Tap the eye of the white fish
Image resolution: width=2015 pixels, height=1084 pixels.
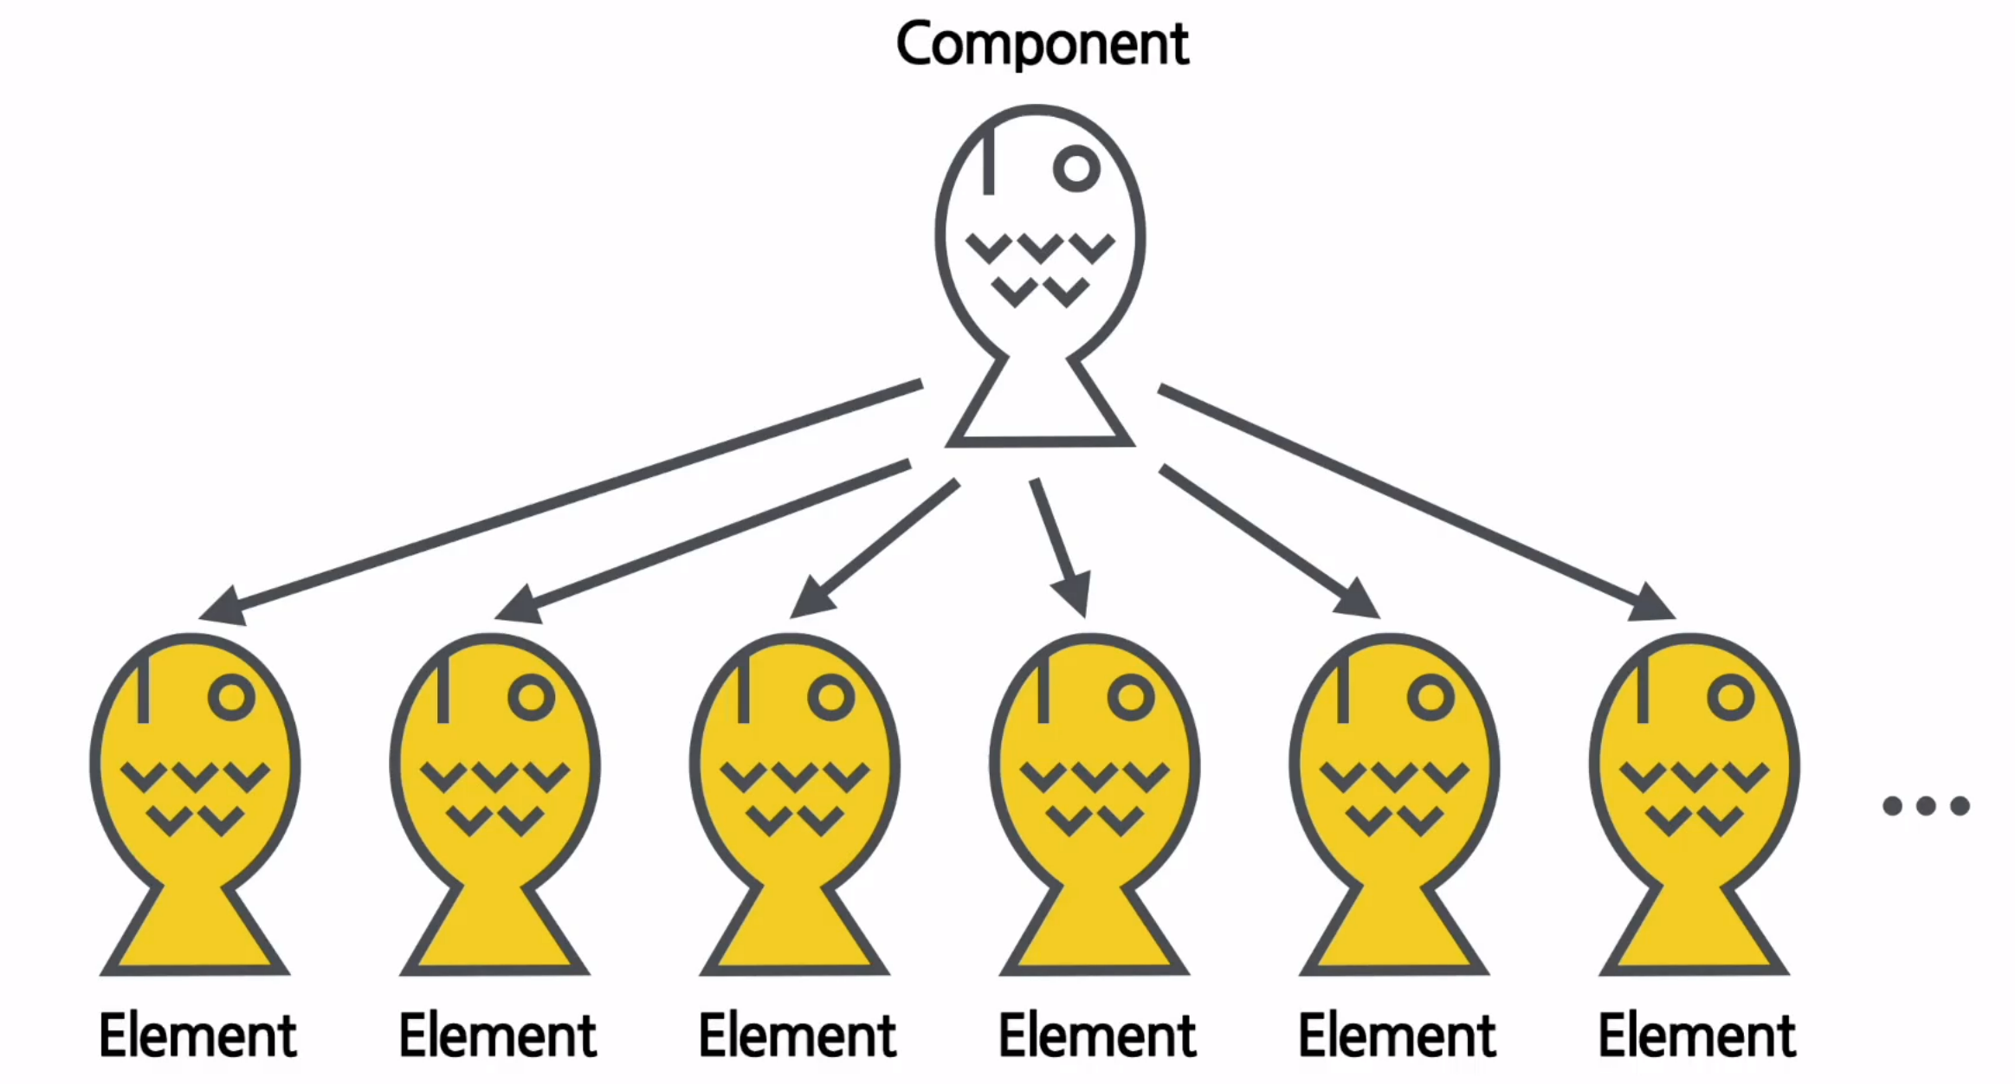click(x=1076, y=168)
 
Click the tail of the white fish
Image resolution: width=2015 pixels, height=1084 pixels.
click(x=1039, y=407)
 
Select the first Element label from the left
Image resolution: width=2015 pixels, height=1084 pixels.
click(x=197, y=1036)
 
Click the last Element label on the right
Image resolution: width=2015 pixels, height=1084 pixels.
click(x=1696, y=1036)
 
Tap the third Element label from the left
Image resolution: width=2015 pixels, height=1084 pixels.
click(x=797, y=1036)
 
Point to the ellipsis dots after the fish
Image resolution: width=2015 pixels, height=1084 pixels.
click(x=1926, y=806)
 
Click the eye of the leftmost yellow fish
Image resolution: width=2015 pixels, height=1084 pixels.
click(x=231, y=697)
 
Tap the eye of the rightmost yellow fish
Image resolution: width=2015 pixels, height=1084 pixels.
click(x=1730, y=697)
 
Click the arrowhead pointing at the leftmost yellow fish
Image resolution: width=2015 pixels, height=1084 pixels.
click(x=223, y=606)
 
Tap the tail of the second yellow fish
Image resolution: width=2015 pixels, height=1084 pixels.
click(x=494, y=935)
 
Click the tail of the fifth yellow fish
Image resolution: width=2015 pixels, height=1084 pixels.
click(x=1394, y=935)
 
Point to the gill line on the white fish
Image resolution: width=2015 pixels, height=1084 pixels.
click(x=989, y=160)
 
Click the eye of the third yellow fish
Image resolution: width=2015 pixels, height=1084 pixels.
click(x=831, y=697)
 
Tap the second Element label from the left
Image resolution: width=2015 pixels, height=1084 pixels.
click(x=497, y=1036)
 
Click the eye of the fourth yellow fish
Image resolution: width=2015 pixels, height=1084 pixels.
click(x=1131, y=697)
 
